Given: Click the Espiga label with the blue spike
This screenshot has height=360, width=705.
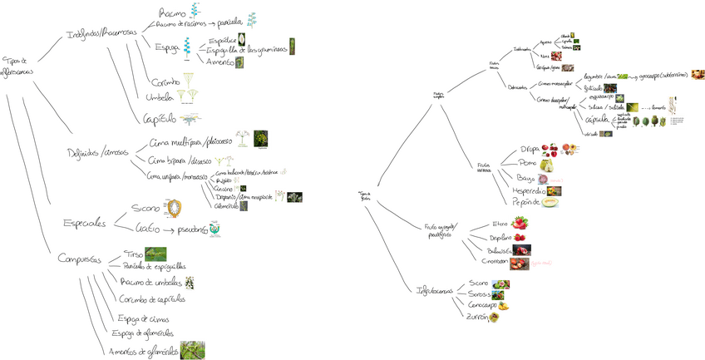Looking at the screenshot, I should pos(167,48).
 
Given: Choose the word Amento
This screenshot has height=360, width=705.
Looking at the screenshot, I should pos(219,62).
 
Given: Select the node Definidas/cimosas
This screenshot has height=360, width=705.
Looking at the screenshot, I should pos(98,152).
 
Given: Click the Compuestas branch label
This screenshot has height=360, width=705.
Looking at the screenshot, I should pos(81,259).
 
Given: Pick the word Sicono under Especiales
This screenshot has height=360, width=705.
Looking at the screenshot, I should pos(145,208).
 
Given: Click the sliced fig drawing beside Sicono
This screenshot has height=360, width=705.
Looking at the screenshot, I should pos(175,207).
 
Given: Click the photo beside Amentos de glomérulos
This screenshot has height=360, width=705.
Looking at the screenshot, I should pos(193,349).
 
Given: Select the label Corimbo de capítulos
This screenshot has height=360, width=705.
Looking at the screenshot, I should pos(152,299).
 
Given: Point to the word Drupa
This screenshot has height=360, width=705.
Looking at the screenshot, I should pos(529,150).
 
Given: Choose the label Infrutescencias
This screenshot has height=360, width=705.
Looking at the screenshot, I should pos(436,291).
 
